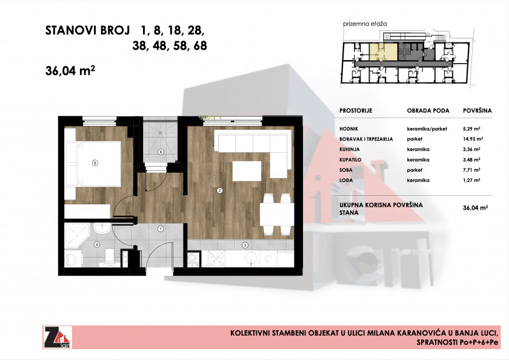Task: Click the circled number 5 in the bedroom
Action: [95, 163]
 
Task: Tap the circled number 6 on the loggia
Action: [161, 152]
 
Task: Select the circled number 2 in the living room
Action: [220, 190]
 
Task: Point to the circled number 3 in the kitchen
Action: [245, 245]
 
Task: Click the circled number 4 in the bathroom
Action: [97, 245]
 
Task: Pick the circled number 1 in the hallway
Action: [161, 229]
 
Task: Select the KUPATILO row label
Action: [350, 160]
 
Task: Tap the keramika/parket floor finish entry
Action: [427, 129]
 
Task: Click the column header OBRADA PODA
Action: [428, 111]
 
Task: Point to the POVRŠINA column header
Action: [477, 111]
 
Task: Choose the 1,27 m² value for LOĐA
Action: [471, 180]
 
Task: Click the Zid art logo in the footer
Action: [58, 338]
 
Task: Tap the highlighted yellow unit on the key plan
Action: [384, 52]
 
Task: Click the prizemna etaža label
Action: [365, 24]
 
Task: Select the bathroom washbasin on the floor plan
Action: [102, 228]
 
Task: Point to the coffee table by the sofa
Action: [247, 171]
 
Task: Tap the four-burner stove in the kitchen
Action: [216, 259]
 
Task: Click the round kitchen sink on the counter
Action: [251, 259]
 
